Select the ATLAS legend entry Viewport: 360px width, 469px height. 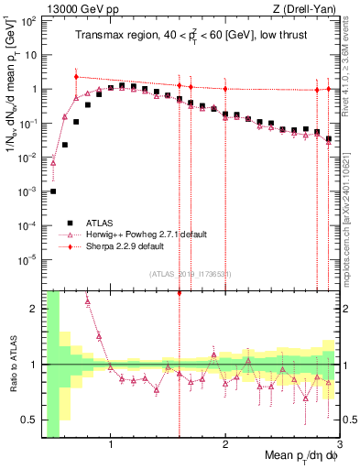102,223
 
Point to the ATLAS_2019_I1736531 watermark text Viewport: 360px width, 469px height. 189,274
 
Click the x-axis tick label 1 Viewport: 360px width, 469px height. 111,448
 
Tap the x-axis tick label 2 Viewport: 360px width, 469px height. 225,448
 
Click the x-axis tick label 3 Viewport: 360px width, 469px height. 338,448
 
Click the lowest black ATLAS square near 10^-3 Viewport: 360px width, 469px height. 53,191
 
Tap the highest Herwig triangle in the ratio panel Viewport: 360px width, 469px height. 88,300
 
